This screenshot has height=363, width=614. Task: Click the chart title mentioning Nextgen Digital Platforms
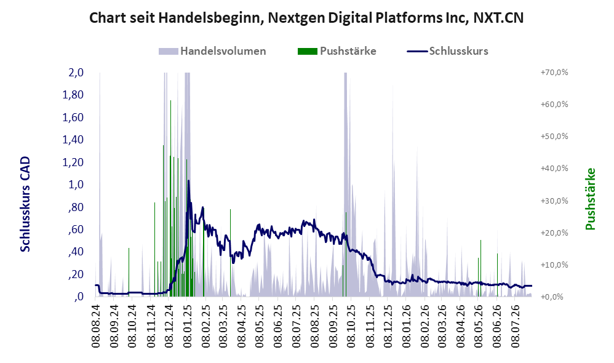(x=306, y=18)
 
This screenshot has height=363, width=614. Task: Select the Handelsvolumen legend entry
(x=212, y=51)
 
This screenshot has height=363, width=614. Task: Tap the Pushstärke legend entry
(x=337, y=51)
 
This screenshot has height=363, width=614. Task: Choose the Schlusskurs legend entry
(x=447, y=51)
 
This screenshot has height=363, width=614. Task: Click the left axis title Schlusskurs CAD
(x=25, y=204)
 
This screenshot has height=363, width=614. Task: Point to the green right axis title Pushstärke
(x=590, y=199)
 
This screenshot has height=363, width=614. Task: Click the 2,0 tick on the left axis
(x=76, y=73)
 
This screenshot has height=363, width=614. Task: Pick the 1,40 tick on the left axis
(x=73, y=140)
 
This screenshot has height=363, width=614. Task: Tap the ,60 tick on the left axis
(x=76, y=229)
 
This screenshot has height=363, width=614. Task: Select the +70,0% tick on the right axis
(x=554, y=73)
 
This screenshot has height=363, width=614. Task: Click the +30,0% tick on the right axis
(x=554, y=201)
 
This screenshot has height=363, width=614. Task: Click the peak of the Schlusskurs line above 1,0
(x=188, y=180)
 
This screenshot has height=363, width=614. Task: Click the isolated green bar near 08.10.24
(x=129, y=272)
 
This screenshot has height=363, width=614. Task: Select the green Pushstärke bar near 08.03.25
(x=230, y=253)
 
